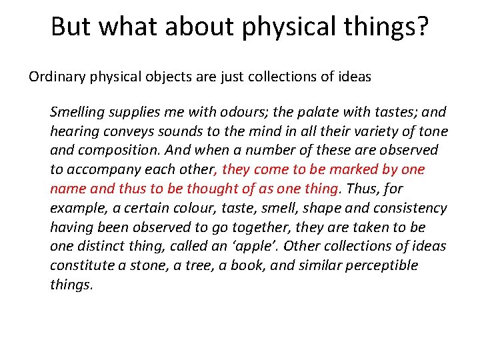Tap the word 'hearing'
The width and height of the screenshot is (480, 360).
73,131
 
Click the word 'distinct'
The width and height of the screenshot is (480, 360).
104,246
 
